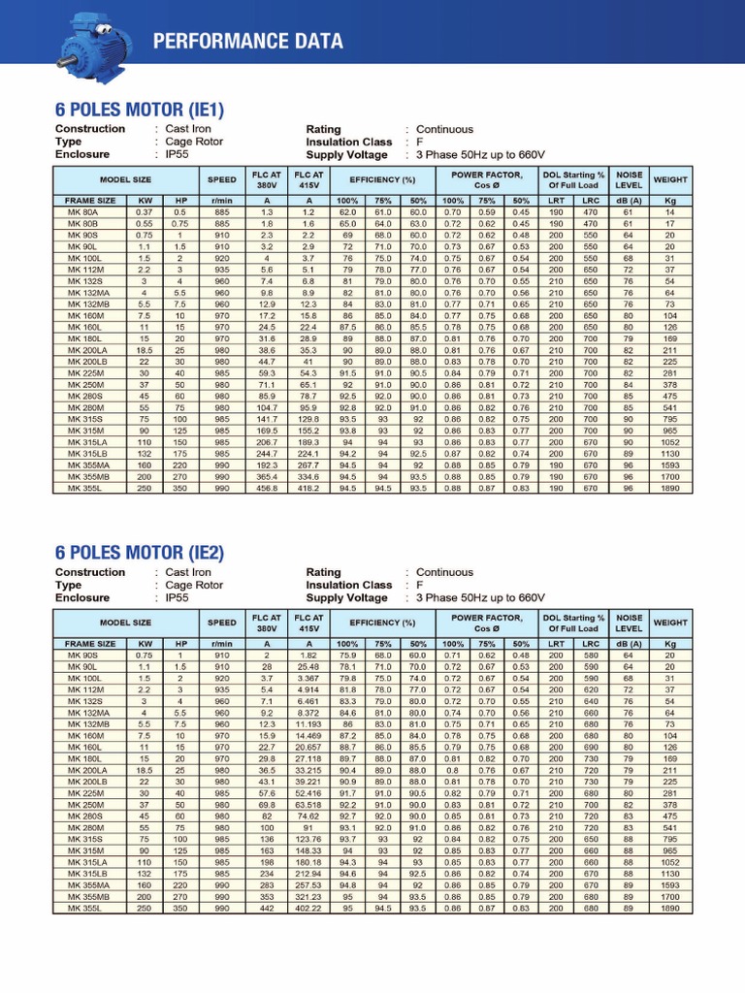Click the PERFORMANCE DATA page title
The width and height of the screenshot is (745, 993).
coord(247,41)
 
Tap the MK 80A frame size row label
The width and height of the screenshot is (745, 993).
coord(82,211)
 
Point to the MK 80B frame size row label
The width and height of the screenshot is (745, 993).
coord(82,223)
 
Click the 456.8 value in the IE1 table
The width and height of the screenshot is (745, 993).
coord(266,488)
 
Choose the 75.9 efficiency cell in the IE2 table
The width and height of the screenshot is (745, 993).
coord(346,655)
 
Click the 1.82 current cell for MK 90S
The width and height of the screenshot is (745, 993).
coord(308,655)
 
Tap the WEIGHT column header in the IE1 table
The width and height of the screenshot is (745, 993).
coord(669,179)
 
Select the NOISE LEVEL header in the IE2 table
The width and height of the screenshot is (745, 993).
coord(629,623)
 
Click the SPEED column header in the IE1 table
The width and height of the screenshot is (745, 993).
coord(221,179)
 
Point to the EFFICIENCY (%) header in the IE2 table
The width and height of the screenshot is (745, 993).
coord(382,623)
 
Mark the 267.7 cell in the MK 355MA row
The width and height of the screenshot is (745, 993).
coord(308,464)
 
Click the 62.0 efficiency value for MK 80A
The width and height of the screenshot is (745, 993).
coord(346,211)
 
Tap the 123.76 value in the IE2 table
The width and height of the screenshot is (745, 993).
coord(308,839)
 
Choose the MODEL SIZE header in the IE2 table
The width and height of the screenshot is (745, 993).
coord(125,623)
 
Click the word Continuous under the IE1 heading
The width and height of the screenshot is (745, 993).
coord(444,129)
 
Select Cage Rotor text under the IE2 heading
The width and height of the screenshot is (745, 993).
coord(194,585)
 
